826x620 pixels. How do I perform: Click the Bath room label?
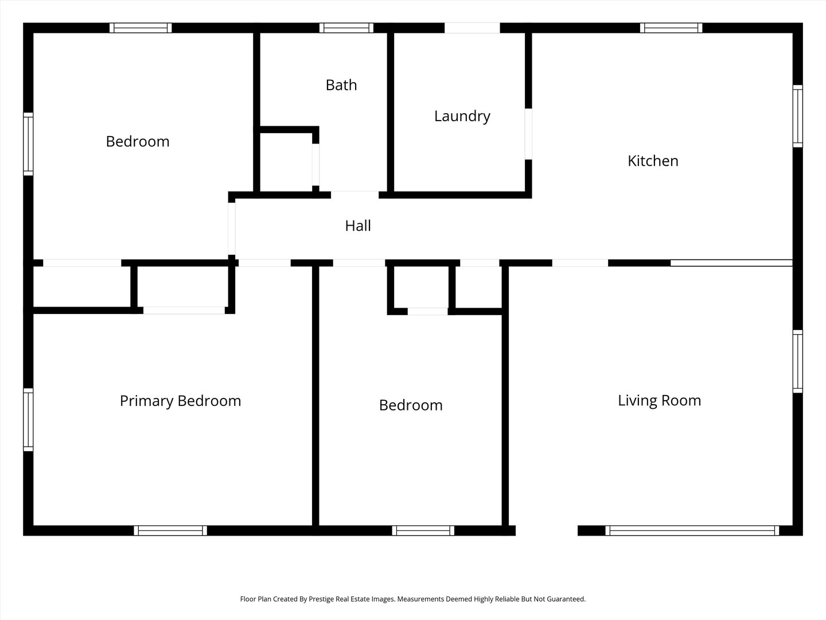341,85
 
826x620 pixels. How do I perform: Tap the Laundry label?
462,117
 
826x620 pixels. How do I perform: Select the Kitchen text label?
653,161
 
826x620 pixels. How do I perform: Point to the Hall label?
358,226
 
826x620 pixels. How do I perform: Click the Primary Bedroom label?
180,401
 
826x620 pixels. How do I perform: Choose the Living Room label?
659,401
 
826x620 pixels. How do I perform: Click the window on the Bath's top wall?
346,28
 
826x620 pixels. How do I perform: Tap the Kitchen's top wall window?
671,28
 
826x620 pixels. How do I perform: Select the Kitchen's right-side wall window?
797,116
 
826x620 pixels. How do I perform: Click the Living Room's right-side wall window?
797,362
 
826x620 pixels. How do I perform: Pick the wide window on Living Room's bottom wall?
692,530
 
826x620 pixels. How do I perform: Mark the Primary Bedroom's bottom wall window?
170,530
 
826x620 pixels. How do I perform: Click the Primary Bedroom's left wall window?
28,420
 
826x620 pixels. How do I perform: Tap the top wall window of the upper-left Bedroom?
141,28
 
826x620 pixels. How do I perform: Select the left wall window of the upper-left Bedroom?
28,144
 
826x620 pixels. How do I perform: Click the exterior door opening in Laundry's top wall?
472,28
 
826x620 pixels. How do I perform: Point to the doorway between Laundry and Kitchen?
528,134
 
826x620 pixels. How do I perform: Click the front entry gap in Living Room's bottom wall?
547,530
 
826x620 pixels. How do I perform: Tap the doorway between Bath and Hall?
354,195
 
